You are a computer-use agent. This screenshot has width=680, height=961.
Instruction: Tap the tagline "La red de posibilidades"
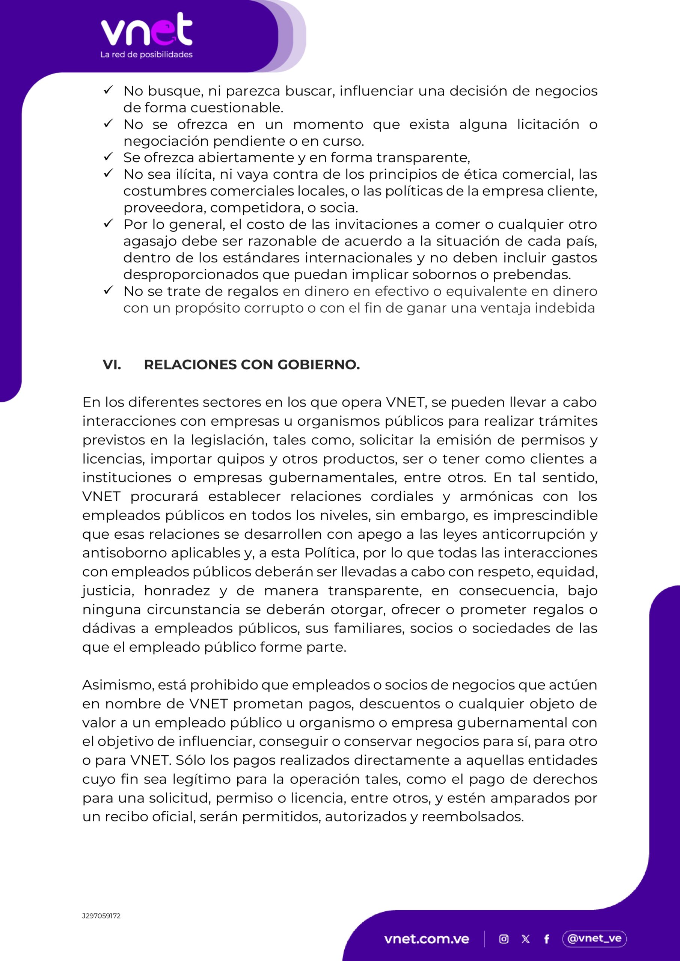(146, 55)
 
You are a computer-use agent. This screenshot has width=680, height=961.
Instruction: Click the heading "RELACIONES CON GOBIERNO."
(252, 365)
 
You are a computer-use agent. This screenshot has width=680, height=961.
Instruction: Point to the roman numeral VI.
(112, 365)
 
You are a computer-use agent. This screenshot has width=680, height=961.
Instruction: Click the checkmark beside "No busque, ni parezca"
(109, 90)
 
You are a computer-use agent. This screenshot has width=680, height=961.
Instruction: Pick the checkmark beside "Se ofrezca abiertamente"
(109, 157)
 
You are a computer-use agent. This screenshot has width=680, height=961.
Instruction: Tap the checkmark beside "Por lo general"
(109, 224)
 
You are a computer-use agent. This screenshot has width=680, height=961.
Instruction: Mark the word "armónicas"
(496, 497)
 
